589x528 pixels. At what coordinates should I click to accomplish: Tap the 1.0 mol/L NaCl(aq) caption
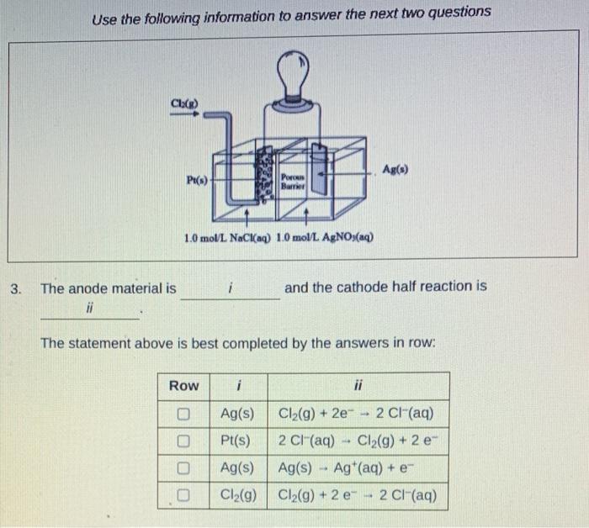(227, 237)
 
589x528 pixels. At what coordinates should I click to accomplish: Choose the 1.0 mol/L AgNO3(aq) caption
(332, 237)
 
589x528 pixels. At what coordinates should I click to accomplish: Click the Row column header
(184, 386)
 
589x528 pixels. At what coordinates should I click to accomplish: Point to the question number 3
(15, 288)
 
